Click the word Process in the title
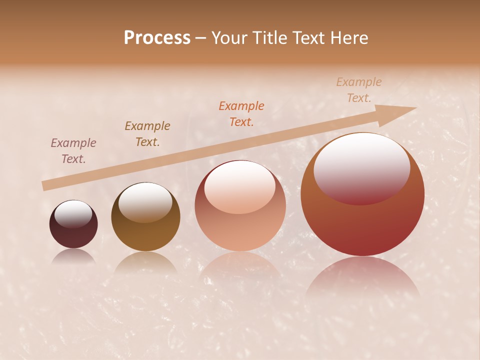coord(157,38)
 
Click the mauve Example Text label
coord(73,150)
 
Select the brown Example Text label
coord(147,134)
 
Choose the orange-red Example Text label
coord(241,113)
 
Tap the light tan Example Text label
coord(359,90)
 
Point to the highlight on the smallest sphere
coord(73,214)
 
